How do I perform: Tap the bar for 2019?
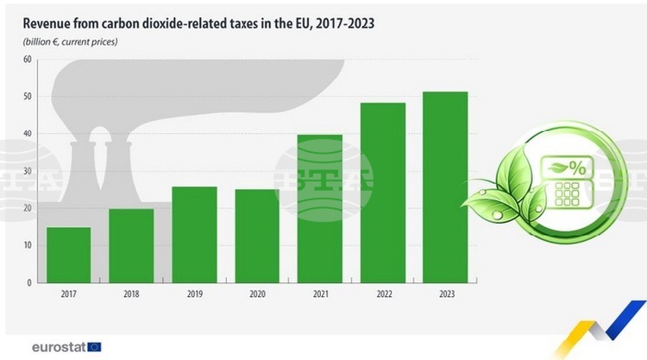click(194, 234)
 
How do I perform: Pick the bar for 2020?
click(257, 236)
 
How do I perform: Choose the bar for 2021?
click(320, 208)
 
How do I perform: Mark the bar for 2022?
click(383, 193)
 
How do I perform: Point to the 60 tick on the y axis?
click(27, 60)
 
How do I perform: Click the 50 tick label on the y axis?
click(27, 97)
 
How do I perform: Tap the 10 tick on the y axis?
click(27, 245)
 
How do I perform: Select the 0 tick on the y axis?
click(28, 282)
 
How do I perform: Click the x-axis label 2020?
click(257, 295)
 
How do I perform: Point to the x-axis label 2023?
click(446, 295)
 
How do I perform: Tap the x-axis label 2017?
click(68, 295)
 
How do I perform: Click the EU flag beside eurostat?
click(94, 347)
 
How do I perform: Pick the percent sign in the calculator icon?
click(576, 169)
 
